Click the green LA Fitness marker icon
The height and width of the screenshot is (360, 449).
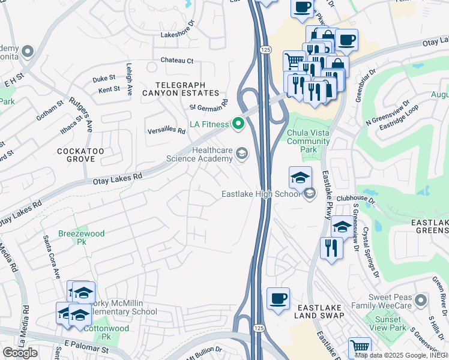[238, 124]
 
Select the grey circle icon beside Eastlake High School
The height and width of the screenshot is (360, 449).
[309, 193]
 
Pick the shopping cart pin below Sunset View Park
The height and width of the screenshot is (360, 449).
[359, 347]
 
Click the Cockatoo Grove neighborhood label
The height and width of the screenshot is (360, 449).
[76, 154]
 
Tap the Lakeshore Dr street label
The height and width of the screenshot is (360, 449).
[178, 35]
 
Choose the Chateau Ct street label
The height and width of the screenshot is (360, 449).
[177, 61]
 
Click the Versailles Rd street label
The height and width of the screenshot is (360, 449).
[167, 130]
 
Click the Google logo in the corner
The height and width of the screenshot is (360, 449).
[20, 353]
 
